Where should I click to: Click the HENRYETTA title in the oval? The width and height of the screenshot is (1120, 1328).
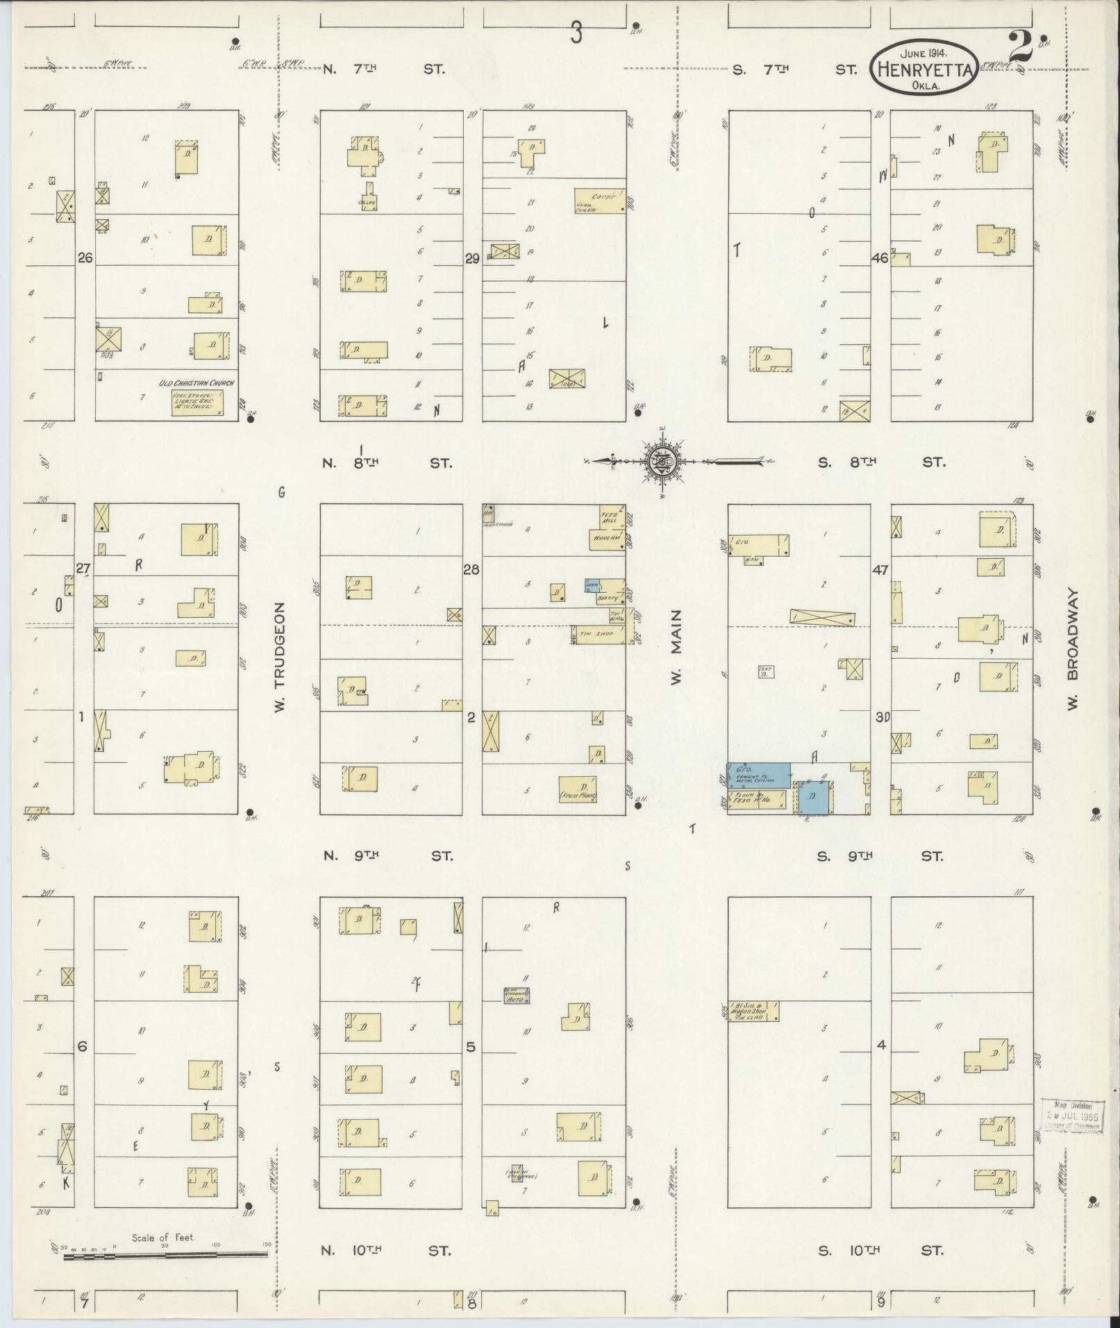point(923,69)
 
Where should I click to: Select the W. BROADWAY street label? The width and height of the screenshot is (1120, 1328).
point(1072,650)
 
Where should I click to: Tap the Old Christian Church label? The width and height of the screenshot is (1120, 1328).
point(197,383)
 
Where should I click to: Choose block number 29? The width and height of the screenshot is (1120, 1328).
point(472,258)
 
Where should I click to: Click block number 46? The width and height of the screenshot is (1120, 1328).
point(880,258)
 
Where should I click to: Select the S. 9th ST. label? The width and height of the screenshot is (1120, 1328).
point(880,856)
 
